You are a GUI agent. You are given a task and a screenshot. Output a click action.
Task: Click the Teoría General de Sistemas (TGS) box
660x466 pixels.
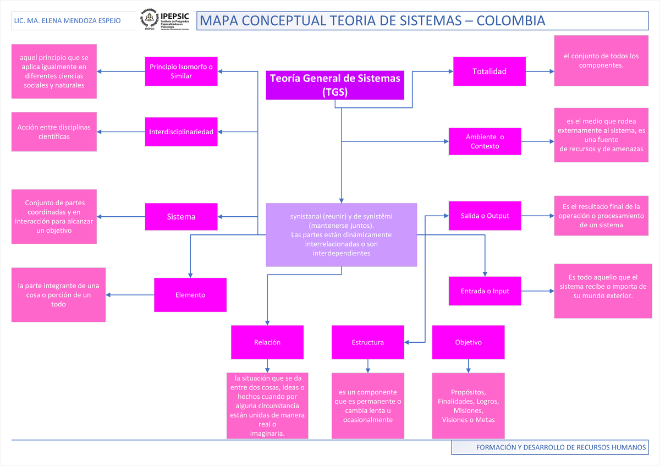[x=335, y=85]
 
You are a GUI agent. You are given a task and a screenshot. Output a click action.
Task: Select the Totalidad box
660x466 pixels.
[x=489, y=71]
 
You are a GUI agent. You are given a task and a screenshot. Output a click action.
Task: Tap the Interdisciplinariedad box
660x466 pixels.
[x=181, y=131]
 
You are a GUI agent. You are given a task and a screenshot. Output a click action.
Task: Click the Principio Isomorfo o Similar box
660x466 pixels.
[x=181, y=71]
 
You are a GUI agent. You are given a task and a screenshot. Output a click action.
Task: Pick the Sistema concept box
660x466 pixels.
[x=181, y=216]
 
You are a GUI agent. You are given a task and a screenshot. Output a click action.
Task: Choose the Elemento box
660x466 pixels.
[x=190, y=295]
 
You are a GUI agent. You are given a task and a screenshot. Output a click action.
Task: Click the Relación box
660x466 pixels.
[x=267, y=342]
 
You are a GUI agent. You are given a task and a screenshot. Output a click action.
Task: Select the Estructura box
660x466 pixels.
[x=367, y=342]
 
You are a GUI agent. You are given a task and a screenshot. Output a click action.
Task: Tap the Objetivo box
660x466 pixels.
[x=468, y=342]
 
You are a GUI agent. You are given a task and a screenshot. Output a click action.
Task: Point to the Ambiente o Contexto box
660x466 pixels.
[x=485, y=141]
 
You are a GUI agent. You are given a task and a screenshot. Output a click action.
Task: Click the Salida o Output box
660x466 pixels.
[x=485, y=216]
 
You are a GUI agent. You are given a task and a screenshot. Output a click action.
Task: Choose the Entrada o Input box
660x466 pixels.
[x=485, y=291]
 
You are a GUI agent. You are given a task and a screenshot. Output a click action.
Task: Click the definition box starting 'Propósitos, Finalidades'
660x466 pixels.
[x=468, y=406]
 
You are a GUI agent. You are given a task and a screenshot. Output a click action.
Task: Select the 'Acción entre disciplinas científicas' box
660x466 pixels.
[x=54, y=132]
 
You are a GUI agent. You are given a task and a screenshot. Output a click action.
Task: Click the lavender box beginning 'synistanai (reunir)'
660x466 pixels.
[x=341, y=235]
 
